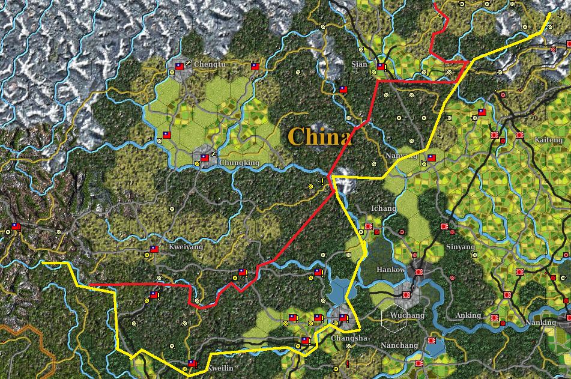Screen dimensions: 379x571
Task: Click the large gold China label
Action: [319, 137]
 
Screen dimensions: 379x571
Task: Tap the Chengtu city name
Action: [210, 64]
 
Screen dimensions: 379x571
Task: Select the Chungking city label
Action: [239, 163]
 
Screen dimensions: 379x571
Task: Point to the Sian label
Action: [359, 64]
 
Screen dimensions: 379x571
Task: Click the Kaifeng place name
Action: [548, 140]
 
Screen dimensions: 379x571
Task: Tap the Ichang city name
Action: [384, 209]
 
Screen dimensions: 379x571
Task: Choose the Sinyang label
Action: [461, 247]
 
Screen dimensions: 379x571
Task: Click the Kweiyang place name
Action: [186, 247]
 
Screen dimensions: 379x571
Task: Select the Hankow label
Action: [390, 270]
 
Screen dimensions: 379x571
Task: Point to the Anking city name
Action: [468, 315]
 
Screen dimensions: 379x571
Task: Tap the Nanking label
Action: [540, 323]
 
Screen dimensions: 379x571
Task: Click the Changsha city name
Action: [348, 339]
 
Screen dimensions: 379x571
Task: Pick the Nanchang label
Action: [399, 345]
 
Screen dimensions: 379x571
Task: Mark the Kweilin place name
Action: [220, 368]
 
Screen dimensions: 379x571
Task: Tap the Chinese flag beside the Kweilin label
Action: [192, 363]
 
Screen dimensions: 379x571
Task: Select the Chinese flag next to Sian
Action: [381, 67]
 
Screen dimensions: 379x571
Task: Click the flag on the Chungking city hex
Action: [205, 158]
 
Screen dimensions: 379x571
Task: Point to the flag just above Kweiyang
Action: [154, 249]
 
